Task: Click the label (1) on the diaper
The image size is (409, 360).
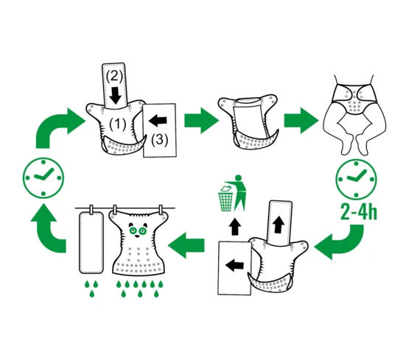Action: [x=117, y=124]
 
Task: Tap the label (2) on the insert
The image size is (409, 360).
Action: [x=114, y=76]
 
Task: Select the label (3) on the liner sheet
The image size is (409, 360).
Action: [x=160, y=139]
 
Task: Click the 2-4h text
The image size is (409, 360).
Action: [x=359, y=212]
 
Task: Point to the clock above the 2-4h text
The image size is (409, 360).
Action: [x=356, y=179]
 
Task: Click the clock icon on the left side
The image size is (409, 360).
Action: [x=43, y=178]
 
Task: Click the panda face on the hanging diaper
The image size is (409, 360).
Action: [x=138, y=230]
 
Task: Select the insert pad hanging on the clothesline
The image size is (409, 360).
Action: [x=91, y=242]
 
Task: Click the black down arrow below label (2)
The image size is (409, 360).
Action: [x=115, y=96]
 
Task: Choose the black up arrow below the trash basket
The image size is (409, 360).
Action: [x=235, y=227]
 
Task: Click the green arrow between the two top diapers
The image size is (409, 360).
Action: [x=201, y=120]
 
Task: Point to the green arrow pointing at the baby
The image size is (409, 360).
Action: [x=301, y=120]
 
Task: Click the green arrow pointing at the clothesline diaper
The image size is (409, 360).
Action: [x=186, y=245]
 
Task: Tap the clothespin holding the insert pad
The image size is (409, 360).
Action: [x=91, y=209]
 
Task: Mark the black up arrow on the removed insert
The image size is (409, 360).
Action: [x=279, y=225]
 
